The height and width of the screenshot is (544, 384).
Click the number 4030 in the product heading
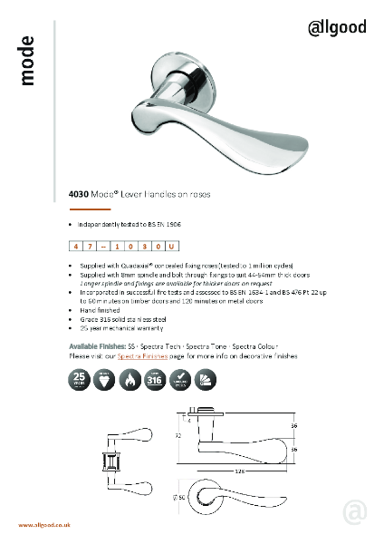79,192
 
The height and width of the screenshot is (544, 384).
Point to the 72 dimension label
178,436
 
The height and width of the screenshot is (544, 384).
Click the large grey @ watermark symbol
354,512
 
